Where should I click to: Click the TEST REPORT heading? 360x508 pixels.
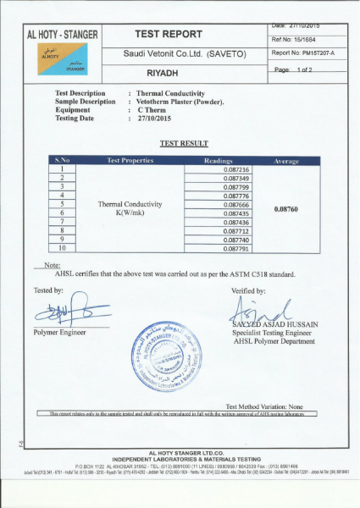pyautogui.click(x=168, y=35)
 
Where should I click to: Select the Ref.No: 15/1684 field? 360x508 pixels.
pyautogui.click(x=293, y=38)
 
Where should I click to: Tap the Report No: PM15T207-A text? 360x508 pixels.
pyautogui.click(x=303, y=52)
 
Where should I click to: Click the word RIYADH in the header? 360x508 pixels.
pyautogui.click(x=168, y=72)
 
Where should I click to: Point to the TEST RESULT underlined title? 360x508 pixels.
pyautogui.click(x=178, y=145)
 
